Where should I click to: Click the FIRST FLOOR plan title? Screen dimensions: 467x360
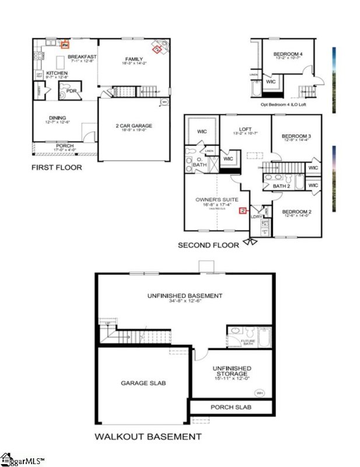(x=57, y=168)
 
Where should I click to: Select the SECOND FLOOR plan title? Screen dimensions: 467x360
(x=208, y=245)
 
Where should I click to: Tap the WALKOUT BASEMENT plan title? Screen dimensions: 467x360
(x=148, y=436)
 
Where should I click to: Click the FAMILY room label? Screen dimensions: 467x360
(x=134, y=59)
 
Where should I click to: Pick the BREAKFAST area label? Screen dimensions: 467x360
(x=82, y=57)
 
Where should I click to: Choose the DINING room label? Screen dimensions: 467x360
(x=57, y=117)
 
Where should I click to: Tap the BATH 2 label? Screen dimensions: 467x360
(x=281, y=186)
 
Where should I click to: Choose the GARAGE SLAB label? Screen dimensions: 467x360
(x=144, y=384)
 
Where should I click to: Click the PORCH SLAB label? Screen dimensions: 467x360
(x=231, y=406)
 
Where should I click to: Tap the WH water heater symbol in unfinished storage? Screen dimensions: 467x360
(x=260, y=393)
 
